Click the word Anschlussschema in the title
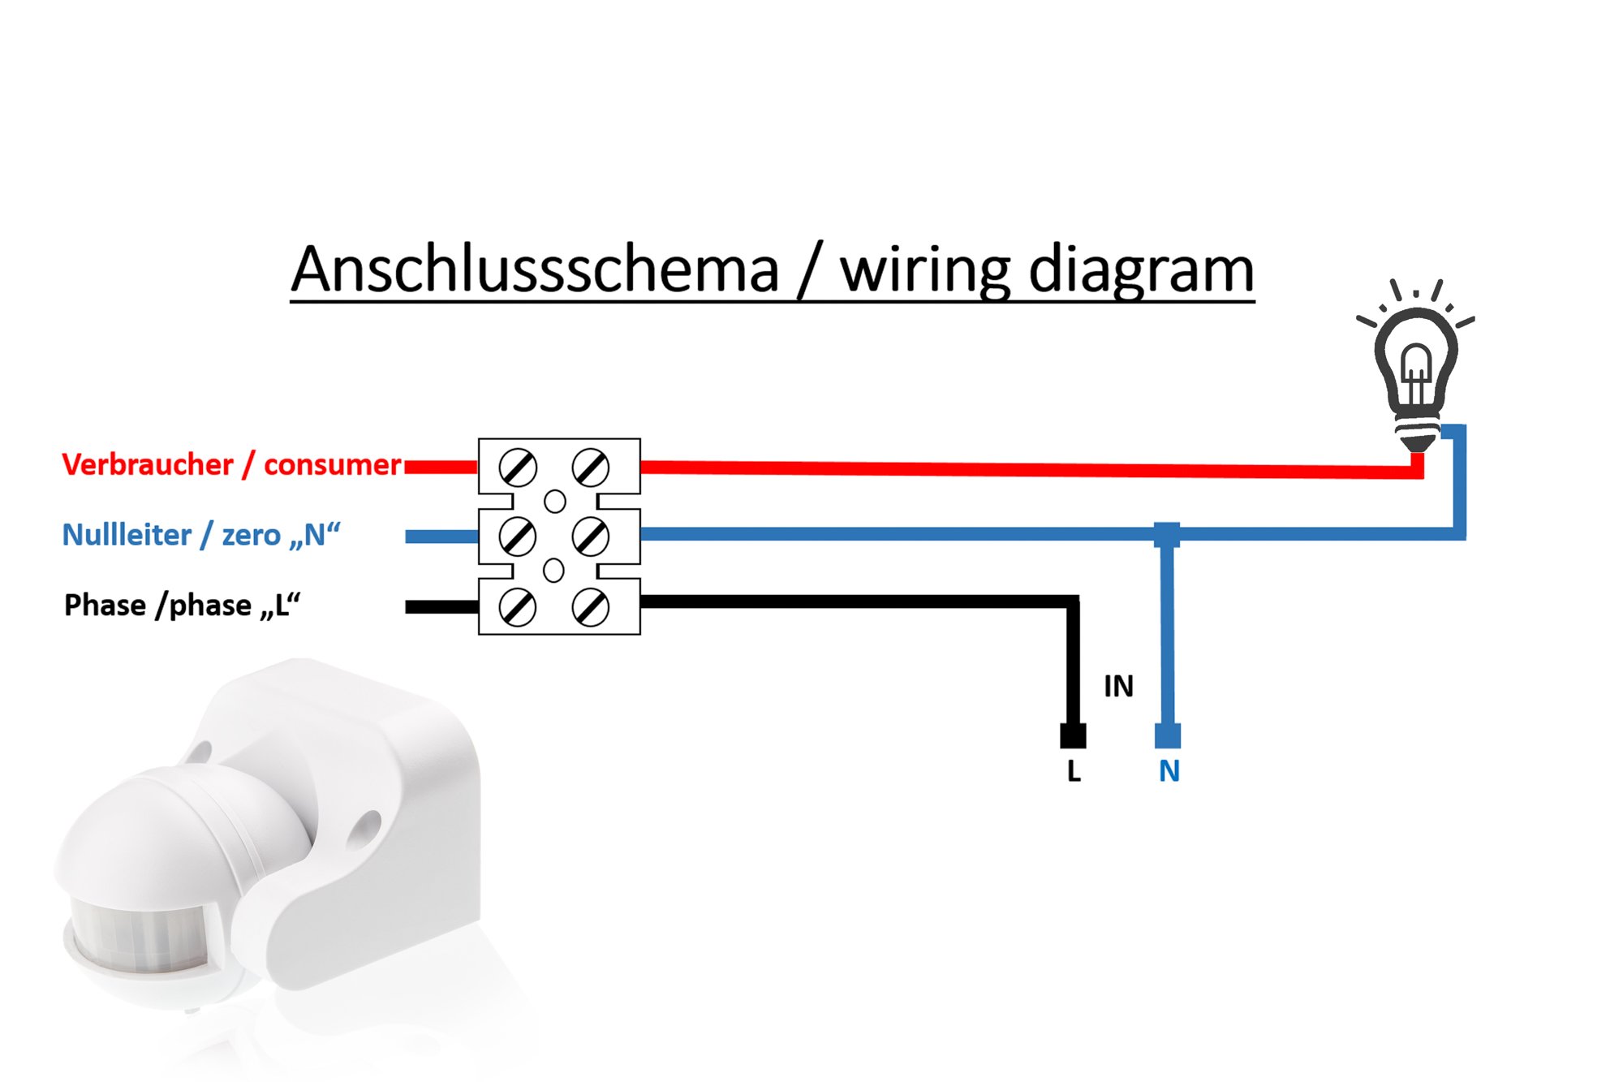coord(536,269)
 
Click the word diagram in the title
coord(1141,271)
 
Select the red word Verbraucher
coord(148,465)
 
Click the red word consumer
coord(333,466)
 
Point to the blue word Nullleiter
coord(127,536)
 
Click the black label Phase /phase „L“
coord(182,606)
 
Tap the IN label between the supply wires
coord(1118,687)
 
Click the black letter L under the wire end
coord(1074,771)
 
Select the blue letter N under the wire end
coord(1169,771)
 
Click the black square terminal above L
coord(1073,735)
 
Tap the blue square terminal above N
coord(1168,735)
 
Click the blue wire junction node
coord(1167,534)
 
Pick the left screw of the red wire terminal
coord(518,468)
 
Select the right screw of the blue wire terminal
coord(591,537)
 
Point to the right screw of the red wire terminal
coord(591,467)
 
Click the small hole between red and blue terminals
coord(555,502)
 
